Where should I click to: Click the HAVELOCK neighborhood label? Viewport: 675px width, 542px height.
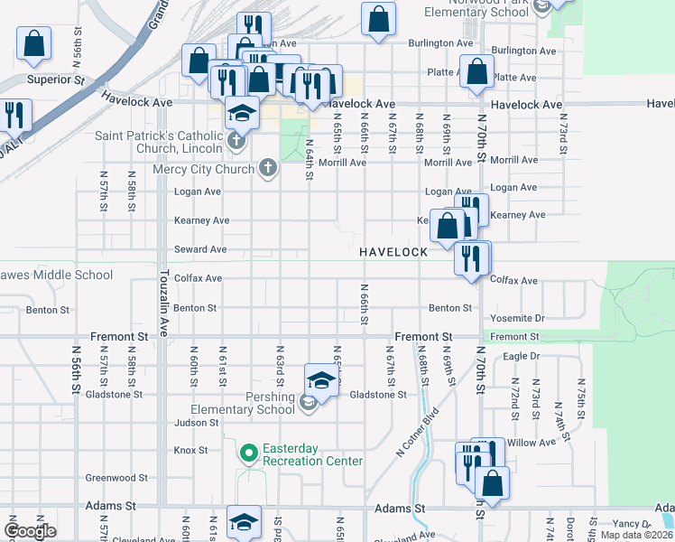pos(393,251)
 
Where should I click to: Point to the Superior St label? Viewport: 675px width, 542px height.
pos(55,79)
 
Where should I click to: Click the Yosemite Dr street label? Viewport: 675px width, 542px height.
pos(516,319)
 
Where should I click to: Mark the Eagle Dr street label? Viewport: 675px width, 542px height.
pos(521,356)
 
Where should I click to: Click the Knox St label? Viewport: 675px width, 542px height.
pos(190,450)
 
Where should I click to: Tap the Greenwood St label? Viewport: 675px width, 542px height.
pos(116,478)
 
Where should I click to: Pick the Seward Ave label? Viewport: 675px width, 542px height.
pos(200,249)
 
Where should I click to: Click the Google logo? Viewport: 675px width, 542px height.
pos(30,531)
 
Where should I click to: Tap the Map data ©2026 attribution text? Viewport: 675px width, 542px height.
pos(637,535)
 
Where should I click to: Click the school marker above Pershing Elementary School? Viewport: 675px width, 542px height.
pos(321,380)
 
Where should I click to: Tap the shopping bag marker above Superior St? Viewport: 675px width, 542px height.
pos(33,44)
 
